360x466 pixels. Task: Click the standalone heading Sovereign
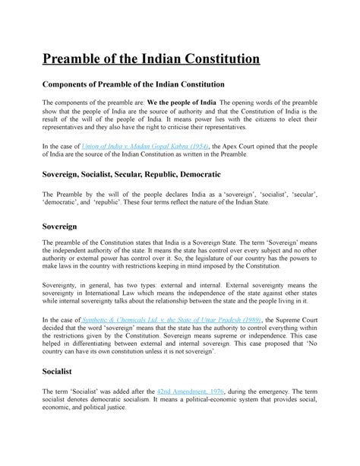click(61, 227)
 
